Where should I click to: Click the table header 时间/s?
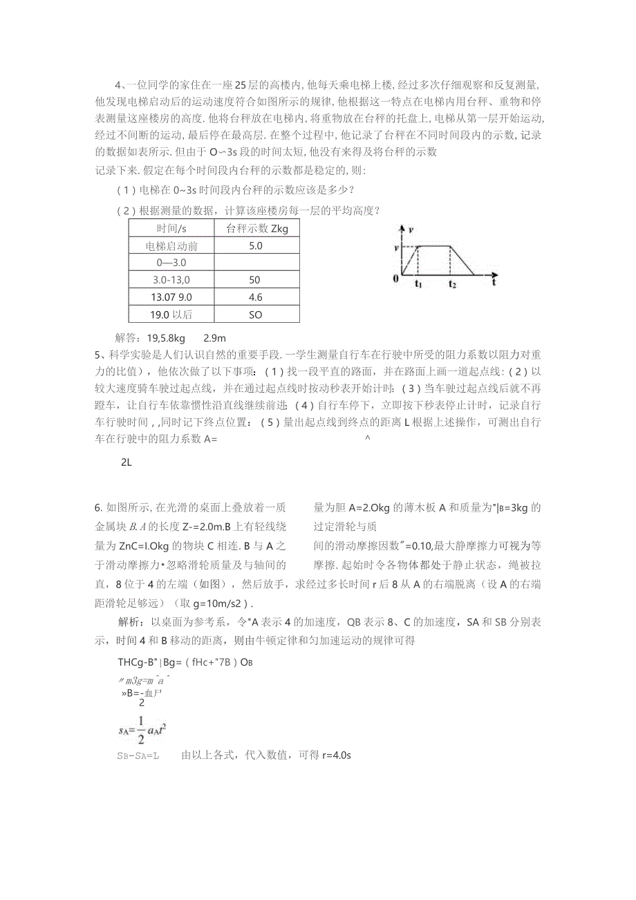click(171, 228)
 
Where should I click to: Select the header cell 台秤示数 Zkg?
click(256, 228)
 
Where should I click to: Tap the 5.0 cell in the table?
click(256, 245)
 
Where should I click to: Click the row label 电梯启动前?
click(171, 245)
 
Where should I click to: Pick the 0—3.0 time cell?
click(171, 263)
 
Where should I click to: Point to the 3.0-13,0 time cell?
click(171, 280)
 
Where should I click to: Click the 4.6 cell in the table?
click(256, 297)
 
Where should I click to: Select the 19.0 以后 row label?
click(171, 315)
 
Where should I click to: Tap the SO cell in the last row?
click(256, 315)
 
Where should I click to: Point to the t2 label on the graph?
click(452, 284)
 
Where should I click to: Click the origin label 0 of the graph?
click(395, 279)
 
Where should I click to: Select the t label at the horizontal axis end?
click(496, 282)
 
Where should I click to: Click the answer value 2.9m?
click(215, 338)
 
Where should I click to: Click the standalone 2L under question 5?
click(126, 462)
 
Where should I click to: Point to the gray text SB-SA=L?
click(139, 756)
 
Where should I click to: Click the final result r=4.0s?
click(337, 756)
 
